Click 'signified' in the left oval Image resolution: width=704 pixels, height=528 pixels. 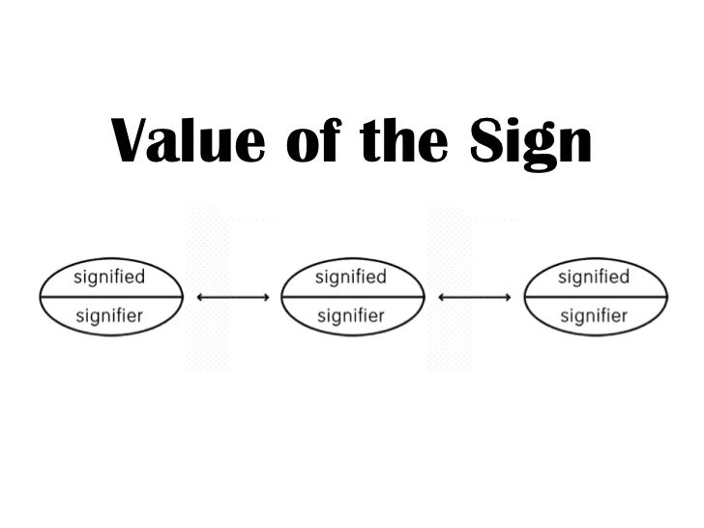point(109,277)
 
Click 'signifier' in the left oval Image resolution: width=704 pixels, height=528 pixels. point(109,315)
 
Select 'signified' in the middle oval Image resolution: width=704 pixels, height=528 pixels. point(351,277)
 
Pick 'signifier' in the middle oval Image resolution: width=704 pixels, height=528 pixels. point(351,315)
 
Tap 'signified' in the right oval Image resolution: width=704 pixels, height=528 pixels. point(594,277)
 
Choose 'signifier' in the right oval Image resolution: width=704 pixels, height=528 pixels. point(594,315)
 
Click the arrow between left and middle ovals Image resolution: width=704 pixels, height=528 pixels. point(232,297)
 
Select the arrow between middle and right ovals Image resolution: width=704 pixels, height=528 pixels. point(474,297)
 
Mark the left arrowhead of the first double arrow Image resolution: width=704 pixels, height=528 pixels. point(200,297)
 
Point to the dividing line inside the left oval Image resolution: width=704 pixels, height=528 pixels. point(109,296)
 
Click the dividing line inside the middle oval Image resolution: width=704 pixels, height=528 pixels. point(351,296)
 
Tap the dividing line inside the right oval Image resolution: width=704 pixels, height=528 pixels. point(594,296)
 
